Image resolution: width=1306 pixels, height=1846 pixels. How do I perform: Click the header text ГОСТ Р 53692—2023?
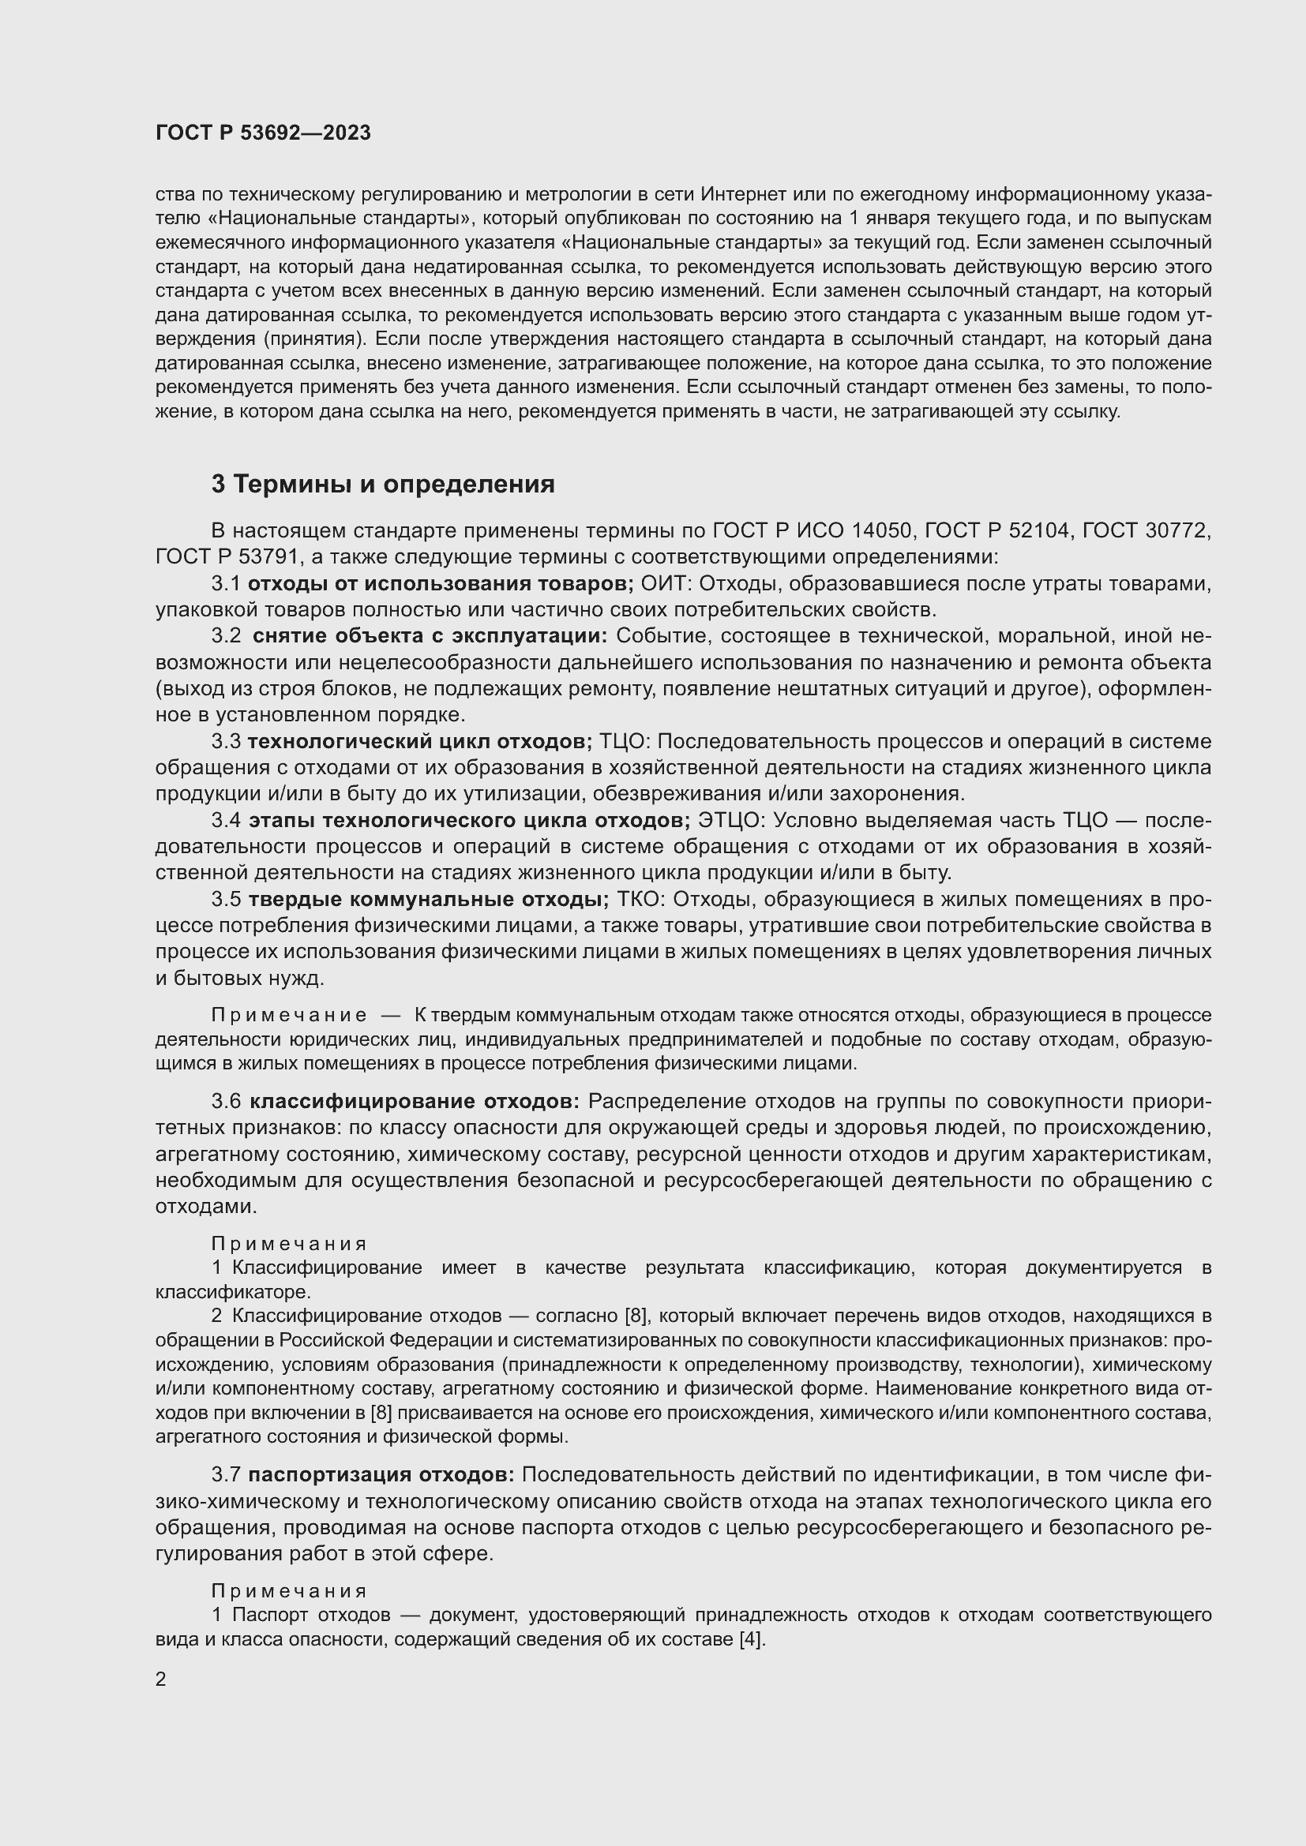263,133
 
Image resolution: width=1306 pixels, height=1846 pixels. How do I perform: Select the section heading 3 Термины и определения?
383,484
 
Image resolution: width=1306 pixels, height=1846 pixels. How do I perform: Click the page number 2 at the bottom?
161,1679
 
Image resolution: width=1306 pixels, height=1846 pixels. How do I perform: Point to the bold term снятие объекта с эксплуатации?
430,636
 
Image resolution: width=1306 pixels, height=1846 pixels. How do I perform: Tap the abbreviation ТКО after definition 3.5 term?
641,899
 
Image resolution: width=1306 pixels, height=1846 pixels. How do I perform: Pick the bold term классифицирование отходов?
415,1101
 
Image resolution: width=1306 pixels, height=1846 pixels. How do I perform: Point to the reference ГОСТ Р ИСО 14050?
812,530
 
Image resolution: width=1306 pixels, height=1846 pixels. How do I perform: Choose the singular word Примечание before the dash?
289,1016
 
